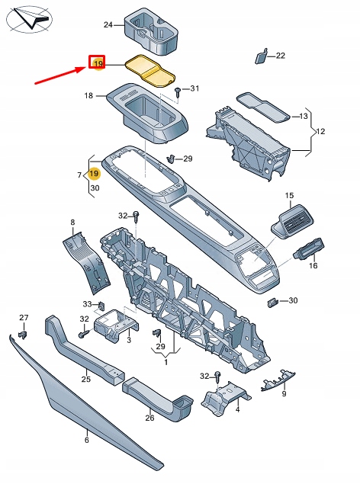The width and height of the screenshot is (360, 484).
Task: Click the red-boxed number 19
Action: click(x=98, y=64)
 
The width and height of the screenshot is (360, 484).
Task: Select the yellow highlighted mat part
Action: click(x=150, y=70)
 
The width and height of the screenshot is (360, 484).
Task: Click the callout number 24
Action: click(x=108, y=25)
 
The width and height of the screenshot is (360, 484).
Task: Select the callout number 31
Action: click(x=194, y=89)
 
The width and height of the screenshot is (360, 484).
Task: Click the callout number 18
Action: click(x=88, y=96)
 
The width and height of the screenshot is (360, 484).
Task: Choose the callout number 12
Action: click(x=320, y=132)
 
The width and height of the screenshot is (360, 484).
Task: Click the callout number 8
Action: click(x=73, y=223)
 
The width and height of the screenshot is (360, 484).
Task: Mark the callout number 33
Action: click(x=88, y=304)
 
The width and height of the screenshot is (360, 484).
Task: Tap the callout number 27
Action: click(x=24, y=318)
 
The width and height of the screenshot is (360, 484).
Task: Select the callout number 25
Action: click(x=86, y=379)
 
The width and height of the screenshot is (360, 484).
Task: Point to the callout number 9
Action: click(x=284, y=394)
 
